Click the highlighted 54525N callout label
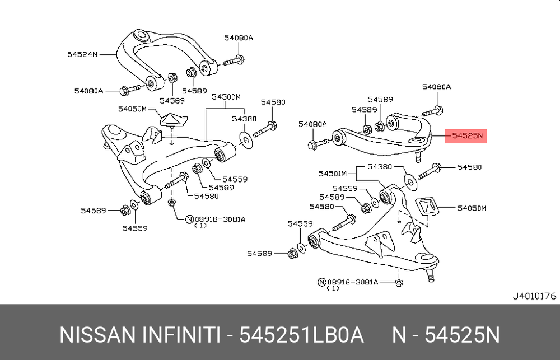(x=466, y=136)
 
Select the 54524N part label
(x=82, y=55)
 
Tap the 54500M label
(x=226, y=97)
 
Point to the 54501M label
(x=333, y=174)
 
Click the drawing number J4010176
(x=534, y=296)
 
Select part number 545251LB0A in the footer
(x=301, y=335)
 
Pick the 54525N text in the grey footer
(x=462, y=335)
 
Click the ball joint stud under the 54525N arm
(x=418, y=156)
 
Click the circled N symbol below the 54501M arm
(x=321, y=282)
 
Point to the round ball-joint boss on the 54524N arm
(x=141, y=36)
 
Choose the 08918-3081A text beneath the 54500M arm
(x=220, y=219)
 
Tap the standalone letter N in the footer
(x=399, y=335)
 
